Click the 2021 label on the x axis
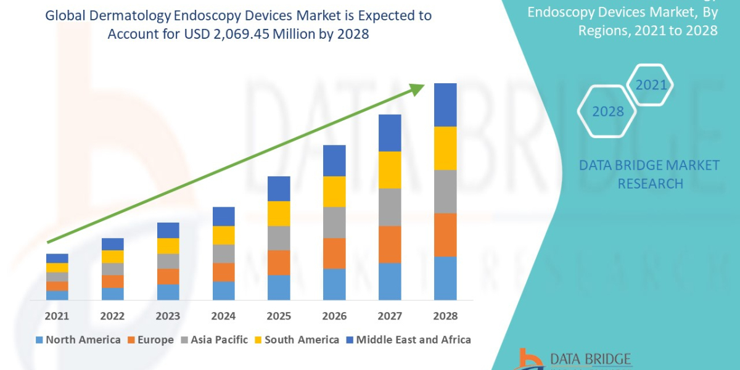57,316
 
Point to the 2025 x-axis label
279,316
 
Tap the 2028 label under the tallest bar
445,316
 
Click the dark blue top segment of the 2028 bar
445,105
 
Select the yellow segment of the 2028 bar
445,148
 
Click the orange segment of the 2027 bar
390,244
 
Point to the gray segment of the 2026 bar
334,222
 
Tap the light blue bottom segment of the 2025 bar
279,287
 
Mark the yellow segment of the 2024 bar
223,235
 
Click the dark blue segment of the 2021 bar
57,258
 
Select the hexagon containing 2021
650,85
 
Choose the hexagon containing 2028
607,112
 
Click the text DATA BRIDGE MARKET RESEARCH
649,174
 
